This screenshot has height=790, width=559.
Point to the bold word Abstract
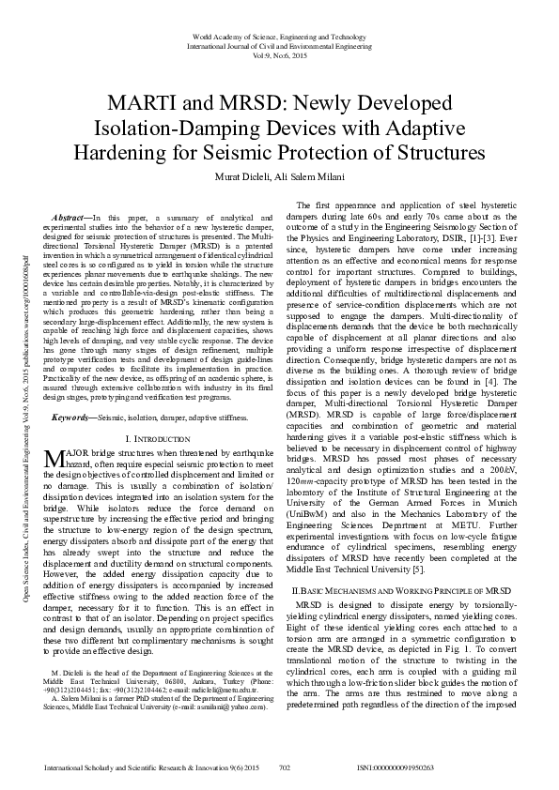[68, 217]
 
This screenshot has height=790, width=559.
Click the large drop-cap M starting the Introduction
[54, 459]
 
